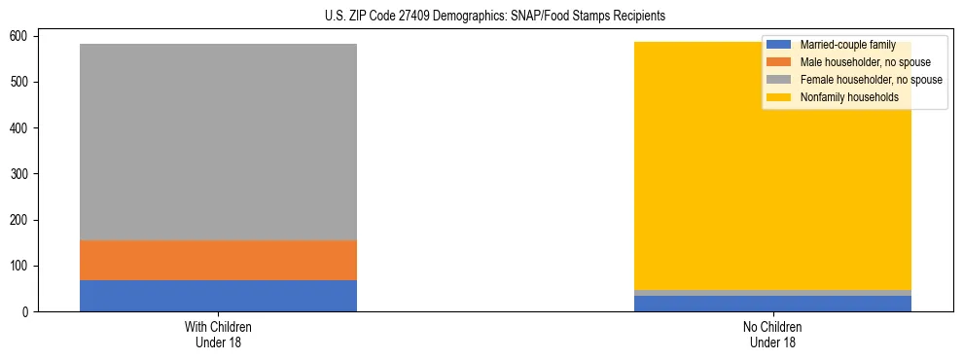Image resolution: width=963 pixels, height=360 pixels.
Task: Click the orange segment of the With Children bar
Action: point(218,260)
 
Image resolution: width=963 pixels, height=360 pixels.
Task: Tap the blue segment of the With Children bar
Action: point(218,296)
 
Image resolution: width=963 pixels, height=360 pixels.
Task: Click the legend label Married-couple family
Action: point(847,45)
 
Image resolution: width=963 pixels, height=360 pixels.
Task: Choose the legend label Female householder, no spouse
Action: point(871,80)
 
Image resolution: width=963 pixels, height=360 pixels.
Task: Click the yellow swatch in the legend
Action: point(779,97)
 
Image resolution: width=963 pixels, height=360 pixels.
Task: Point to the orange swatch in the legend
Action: point(779,62)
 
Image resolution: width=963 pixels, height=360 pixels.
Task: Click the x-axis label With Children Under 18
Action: point(218,334)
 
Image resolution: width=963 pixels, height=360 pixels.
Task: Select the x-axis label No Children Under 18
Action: point(772,334)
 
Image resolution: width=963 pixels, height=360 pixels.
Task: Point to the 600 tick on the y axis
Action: point(21,36)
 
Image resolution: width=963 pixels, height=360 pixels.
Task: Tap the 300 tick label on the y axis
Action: point(21,174)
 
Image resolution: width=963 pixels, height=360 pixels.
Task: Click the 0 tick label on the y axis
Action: point(27,312)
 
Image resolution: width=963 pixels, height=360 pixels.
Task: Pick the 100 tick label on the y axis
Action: point(21,267)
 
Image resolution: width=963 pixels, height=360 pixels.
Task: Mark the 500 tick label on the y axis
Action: point(21,82)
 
